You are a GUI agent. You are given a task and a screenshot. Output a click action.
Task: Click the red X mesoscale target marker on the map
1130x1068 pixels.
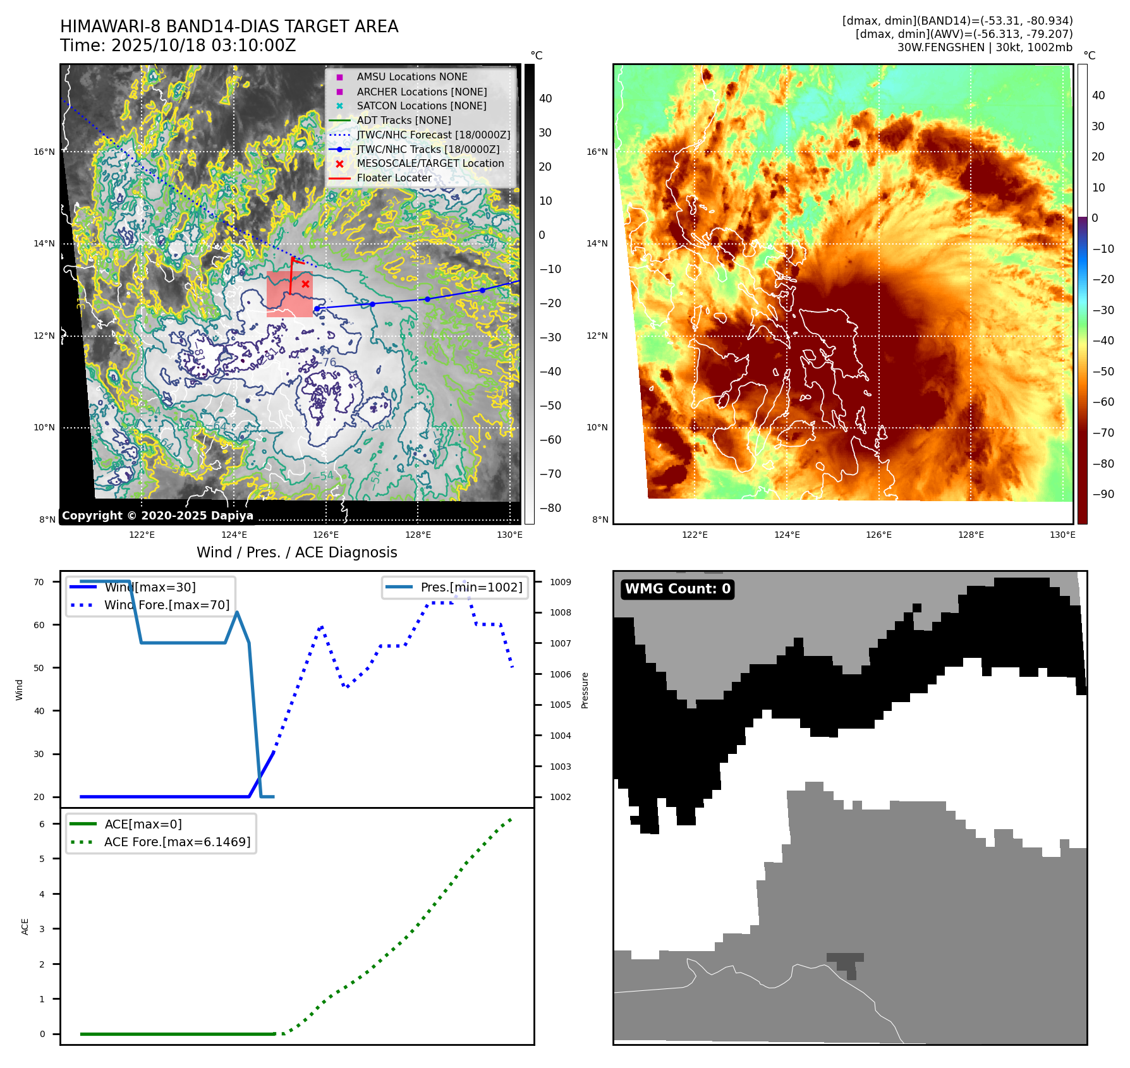point(305,284)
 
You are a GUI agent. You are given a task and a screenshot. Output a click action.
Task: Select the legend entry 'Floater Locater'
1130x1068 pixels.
point(394,178)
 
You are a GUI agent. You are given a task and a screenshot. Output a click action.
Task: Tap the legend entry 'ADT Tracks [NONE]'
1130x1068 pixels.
point(403,121)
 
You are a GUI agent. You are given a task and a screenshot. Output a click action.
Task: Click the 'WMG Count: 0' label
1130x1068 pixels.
point(677,589)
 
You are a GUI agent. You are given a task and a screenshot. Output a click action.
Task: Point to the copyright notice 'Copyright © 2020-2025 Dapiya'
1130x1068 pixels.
point(157,516)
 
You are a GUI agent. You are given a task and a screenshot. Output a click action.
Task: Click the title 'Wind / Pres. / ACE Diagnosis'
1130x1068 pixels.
point(296,552)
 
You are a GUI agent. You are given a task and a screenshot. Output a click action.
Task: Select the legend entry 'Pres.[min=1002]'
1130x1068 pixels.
point(471,587)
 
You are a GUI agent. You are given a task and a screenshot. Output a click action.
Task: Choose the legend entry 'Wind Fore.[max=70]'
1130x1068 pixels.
point(166,605)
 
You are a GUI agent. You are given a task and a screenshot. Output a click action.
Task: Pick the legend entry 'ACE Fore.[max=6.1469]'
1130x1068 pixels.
point(177,842)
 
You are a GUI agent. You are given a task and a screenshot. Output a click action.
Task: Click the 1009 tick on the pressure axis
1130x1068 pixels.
point(560,582)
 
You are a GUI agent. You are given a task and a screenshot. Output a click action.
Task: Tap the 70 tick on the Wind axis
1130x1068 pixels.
point(39,582)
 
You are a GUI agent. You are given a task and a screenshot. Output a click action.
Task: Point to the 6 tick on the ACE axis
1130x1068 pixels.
point(42,824)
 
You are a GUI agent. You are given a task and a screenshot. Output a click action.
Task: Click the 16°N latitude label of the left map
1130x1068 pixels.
point(44,152)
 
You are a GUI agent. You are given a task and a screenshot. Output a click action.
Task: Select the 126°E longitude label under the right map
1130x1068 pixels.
point(878,535)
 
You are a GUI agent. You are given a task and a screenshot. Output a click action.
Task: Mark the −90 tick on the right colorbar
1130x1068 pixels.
point(1103,494)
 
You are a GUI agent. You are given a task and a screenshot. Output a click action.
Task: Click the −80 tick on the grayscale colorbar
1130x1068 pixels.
point(550,508)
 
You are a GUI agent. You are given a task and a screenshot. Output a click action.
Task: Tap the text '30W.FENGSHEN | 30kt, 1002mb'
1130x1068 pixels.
point(985,47)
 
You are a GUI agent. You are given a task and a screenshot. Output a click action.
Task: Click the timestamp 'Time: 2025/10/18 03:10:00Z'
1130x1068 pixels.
point(178,46)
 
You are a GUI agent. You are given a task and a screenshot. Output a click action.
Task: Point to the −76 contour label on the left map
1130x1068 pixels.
point(328,362)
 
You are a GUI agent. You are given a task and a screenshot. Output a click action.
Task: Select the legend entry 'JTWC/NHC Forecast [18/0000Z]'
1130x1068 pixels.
point(433,135)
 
